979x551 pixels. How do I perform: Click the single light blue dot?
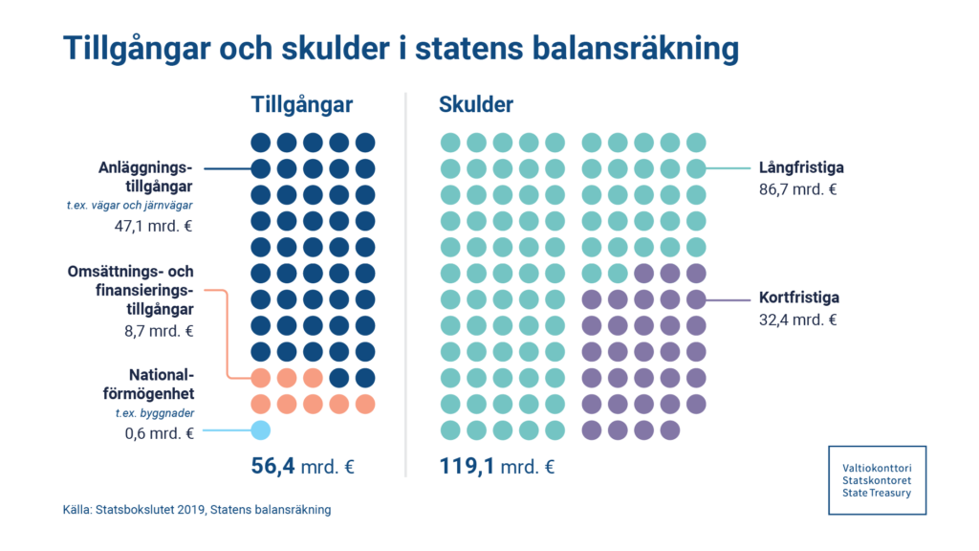[x=260, y=430]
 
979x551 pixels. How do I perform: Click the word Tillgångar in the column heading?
[x=302, y=104]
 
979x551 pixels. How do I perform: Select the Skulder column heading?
[x=476, y=104]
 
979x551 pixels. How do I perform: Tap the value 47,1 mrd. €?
[x=162, y=227]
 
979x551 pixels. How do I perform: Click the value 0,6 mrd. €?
[x=161, y=433]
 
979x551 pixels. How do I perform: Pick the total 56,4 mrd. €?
[x=303, y=467]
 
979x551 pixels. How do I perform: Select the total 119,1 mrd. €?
[x=497, y=467]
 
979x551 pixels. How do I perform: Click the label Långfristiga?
[x=801, y=168]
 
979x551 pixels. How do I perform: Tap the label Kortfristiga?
[x=799, y=298]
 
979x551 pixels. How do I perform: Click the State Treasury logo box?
[x=877, y=479]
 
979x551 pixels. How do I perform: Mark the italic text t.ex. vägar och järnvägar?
[x=130, y=207]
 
